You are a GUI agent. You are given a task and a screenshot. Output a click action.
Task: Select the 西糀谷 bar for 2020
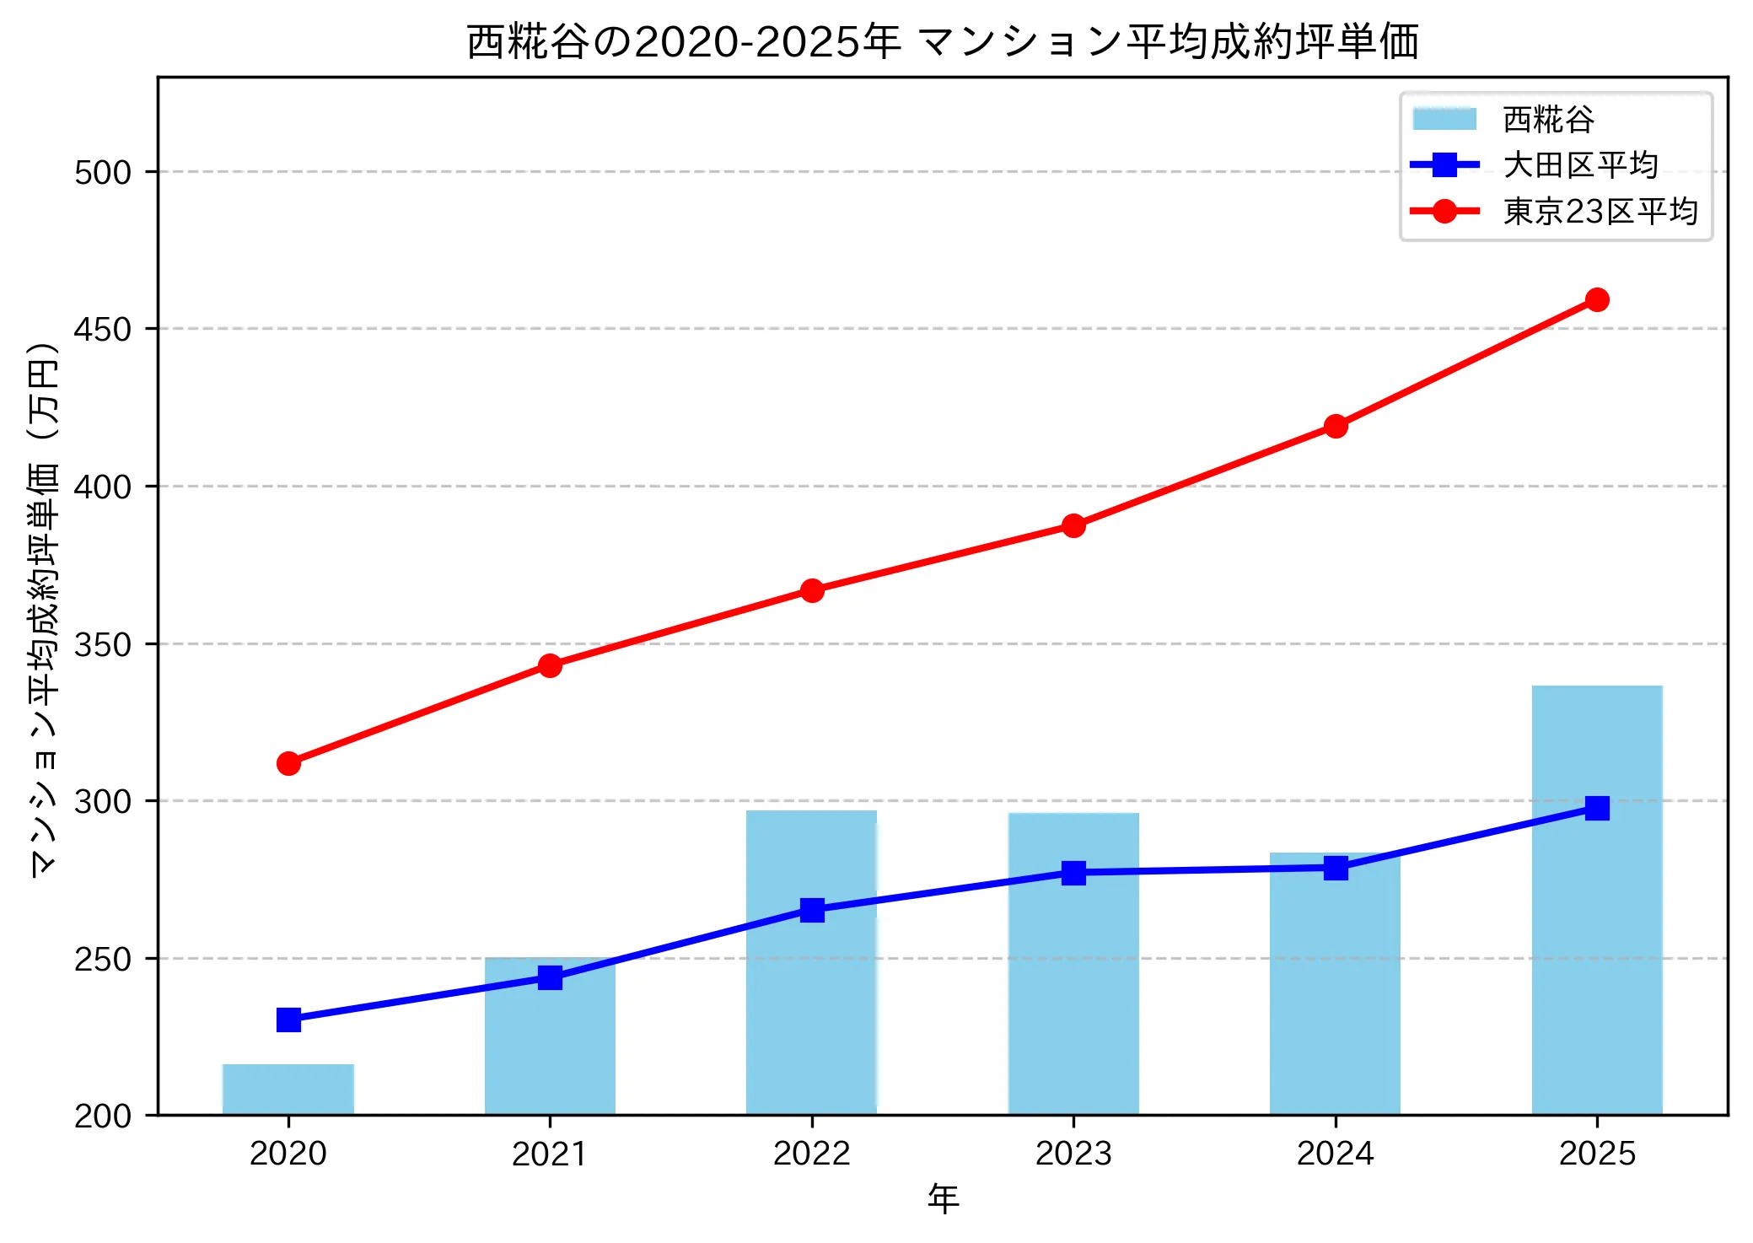[288, 1090]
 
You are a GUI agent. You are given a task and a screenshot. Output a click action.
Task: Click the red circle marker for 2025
[1596, 299]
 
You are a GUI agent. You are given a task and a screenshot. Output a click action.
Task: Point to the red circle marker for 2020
[288, 763]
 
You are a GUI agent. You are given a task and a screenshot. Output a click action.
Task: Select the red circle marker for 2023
[1073, 525]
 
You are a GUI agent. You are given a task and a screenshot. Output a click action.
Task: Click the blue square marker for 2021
[550, 977]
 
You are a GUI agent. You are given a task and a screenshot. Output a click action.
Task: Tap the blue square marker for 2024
[1335, 868]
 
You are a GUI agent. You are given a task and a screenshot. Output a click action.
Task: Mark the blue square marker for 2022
[811, 910]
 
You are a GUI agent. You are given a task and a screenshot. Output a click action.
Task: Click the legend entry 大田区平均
[1579, 165]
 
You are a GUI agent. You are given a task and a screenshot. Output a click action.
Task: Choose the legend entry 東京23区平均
[1600, 212]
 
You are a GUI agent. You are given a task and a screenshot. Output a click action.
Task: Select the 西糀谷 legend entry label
[1548, 120]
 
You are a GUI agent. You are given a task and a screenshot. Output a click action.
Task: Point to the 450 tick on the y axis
[103, 329]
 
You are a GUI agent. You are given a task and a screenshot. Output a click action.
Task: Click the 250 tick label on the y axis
[103, 959]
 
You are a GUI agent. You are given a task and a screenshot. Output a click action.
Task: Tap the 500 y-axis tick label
[103, 172]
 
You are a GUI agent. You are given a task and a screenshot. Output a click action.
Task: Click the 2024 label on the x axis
[1335, 1153]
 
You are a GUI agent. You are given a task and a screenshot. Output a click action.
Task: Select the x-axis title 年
[943, 1198]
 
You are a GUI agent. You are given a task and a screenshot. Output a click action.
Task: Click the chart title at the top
[943, 41]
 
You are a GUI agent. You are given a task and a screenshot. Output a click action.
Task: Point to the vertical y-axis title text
[44, 609]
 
